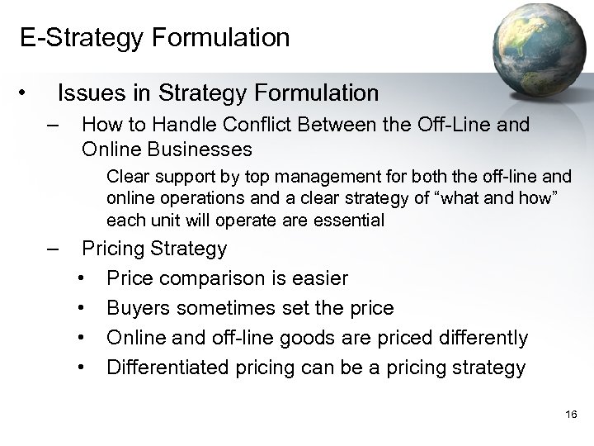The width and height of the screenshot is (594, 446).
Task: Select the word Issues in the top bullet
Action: click(90, 93)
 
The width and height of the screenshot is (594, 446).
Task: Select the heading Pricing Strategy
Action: click(154, 249)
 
